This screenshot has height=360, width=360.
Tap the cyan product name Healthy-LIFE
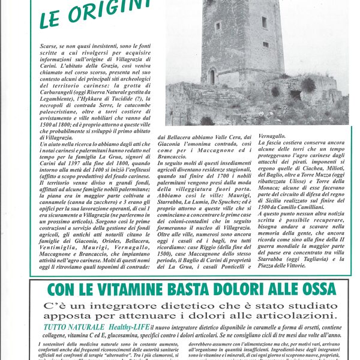point(124,326)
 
